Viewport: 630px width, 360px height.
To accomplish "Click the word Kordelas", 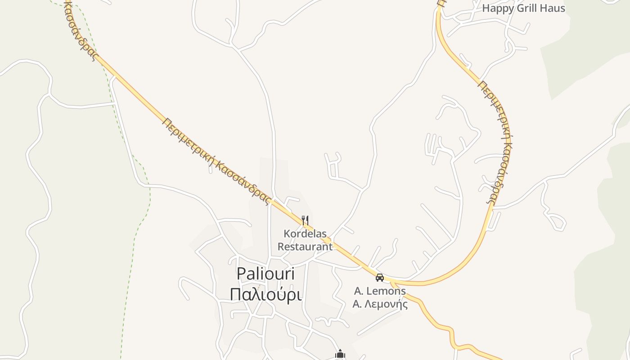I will (x=305, y=234).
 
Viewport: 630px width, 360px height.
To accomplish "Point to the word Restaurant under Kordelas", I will (x=305, y=246).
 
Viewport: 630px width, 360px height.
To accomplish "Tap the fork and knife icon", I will (x=305, y=220).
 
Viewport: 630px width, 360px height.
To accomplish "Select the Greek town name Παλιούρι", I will (x=265, y=294).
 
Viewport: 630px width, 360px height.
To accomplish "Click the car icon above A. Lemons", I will (x=380, y=277).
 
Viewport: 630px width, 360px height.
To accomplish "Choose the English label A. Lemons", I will (x=380, y=291).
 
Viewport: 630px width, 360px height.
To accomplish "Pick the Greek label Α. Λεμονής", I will (x=380, y=304).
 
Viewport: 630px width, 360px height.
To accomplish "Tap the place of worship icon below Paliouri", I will (x=340, y=355).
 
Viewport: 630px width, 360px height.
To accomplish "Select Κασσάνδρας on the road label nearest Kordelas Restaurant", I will (x=243, y=184).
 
